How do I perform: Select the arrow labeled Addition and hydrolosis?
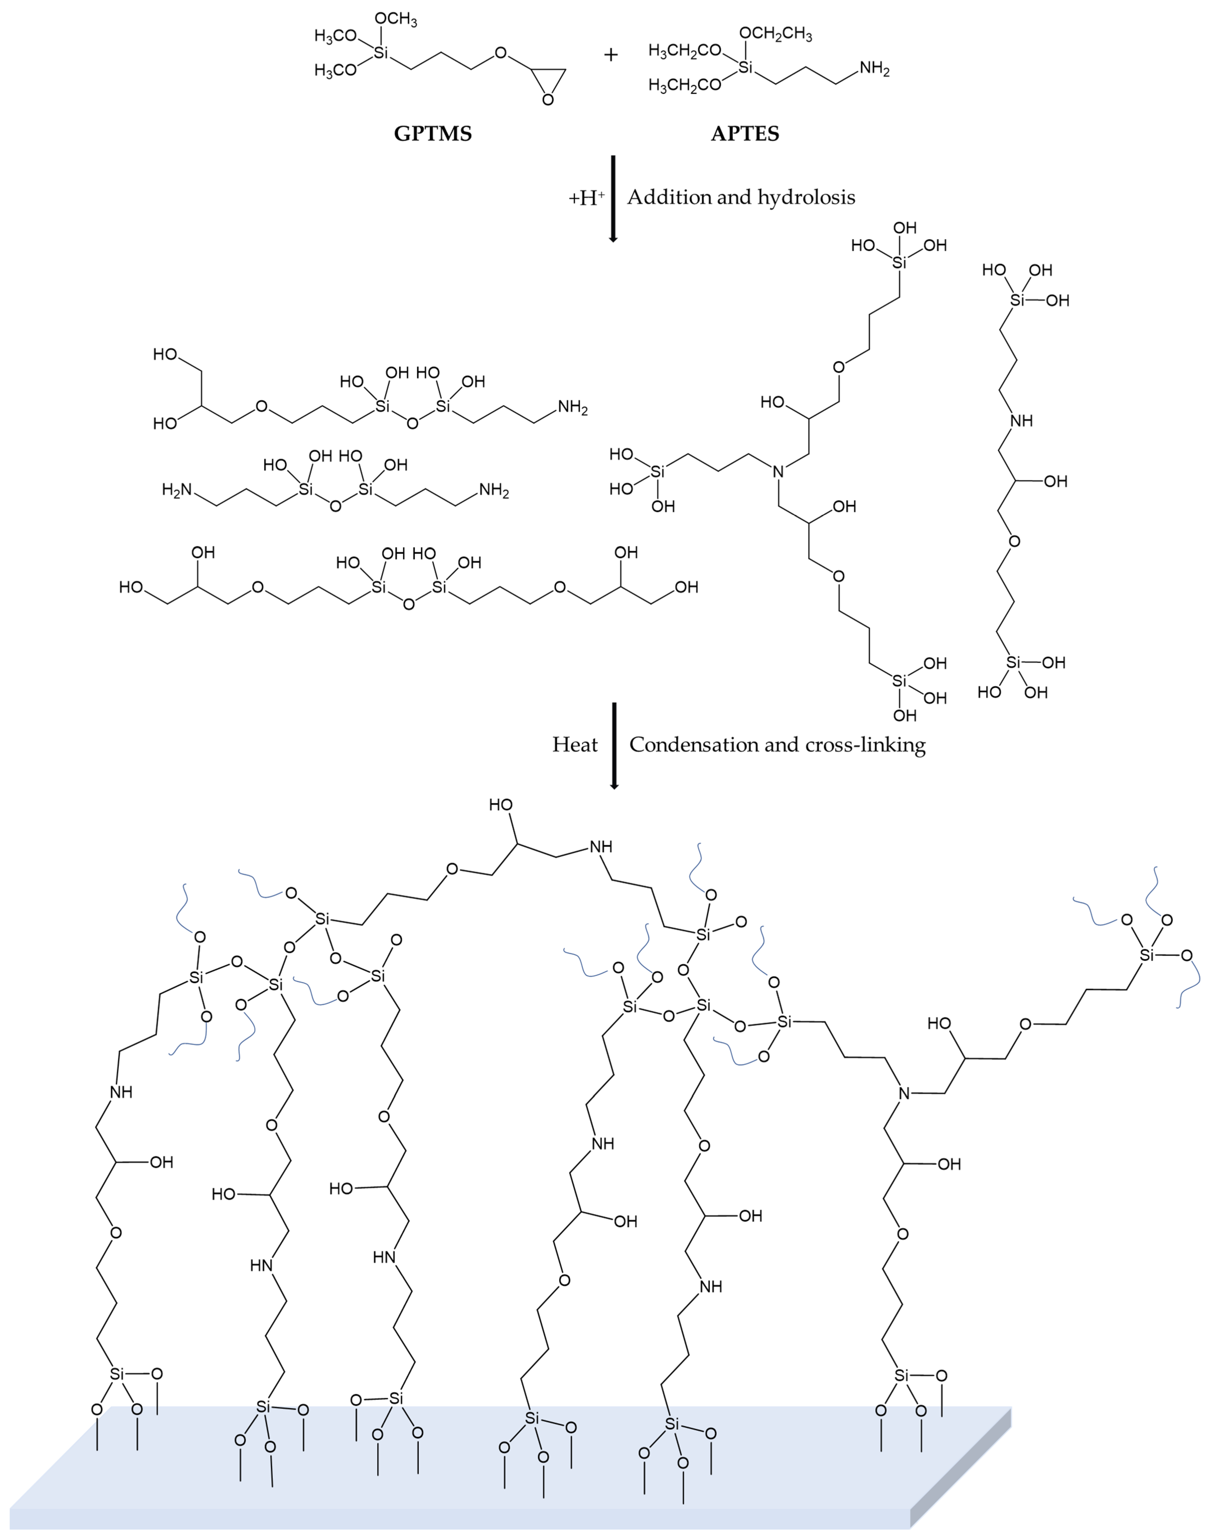tap(613, 198)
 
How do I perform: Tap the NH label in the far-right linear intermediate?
tap(1021, 421)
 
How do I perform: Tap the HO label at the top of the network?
tap(501, 805)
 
